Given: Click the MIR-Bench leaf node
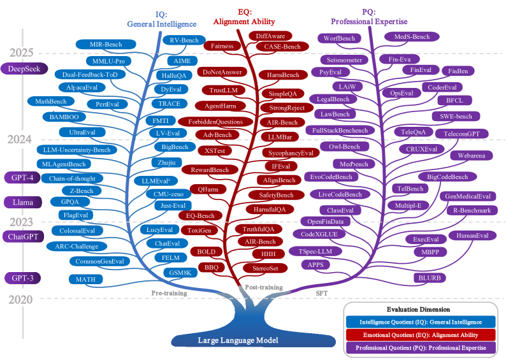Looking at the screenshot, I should pos(106,45).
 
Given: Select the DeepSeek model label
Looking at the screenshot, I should pos(24,69).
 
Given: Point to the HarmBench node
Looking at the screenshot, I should pos(284,75).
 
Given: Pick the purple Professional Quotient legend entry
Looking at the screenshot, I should pos(419,348).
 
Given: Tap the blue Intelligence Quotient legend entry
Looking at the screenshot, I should pos(419,322).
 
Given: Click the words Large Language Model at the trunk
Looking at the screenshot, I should pos(238,340).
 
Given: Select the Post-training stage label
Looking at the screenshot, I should pos(264,287).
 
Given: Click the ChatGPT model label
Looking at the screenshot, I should pos(22,237).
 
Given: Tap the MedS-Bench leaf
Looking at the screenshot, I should pos(412,37).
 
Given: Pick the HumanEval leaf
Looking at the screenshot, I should pos(472,235).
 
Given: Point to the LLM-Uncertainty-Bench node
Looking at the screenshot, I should pos(73,150).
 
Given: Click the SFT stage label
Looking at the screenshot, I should pos(323,292).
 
